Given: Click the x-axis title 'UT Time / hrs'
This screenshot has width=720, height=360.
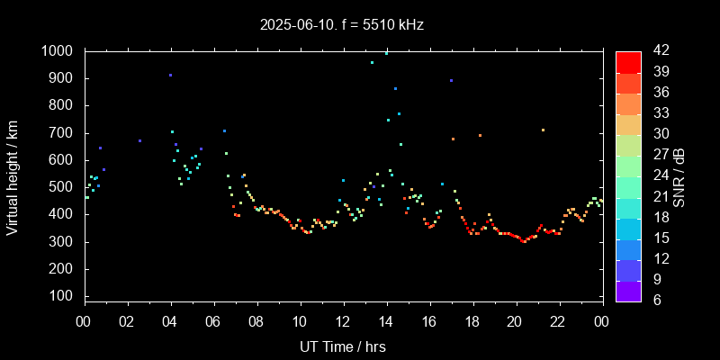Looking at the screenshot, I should pos(342,346).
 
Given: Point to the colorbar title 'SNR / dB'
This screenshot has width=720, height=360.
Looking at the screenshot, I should pos(679,175).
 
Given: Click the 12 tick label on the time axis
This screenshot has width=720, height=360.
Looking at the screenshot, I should pos(343,321).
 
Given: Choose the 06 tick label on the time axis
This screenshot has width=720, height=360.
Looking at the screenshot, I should pos(213,321).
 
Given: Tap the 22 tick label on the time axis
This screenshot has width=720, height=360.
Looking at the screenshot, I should pos(558,321).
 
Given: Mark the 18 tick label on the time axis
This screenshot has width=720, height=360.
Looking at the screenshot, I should pos(472,321).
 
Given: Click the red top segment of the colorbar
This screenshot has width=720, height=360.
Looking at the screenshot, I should pos(628,61).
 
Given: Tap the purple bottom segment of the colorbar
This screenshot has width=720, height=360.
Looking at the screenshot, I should pos(628,291).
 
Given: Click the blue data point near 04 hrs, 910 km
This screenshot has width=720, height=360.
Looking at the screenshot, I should pos(170,76).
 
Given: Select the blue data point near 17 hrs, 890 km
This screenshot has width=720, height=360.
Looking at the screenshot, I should pos(451,81).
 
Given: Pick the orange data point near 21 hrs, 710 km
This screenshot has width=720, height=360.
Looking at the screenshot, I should pos(543,130).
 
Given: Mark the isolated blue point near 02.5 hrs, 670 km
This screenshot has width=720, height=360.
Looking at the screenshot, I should pos(139,140).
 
